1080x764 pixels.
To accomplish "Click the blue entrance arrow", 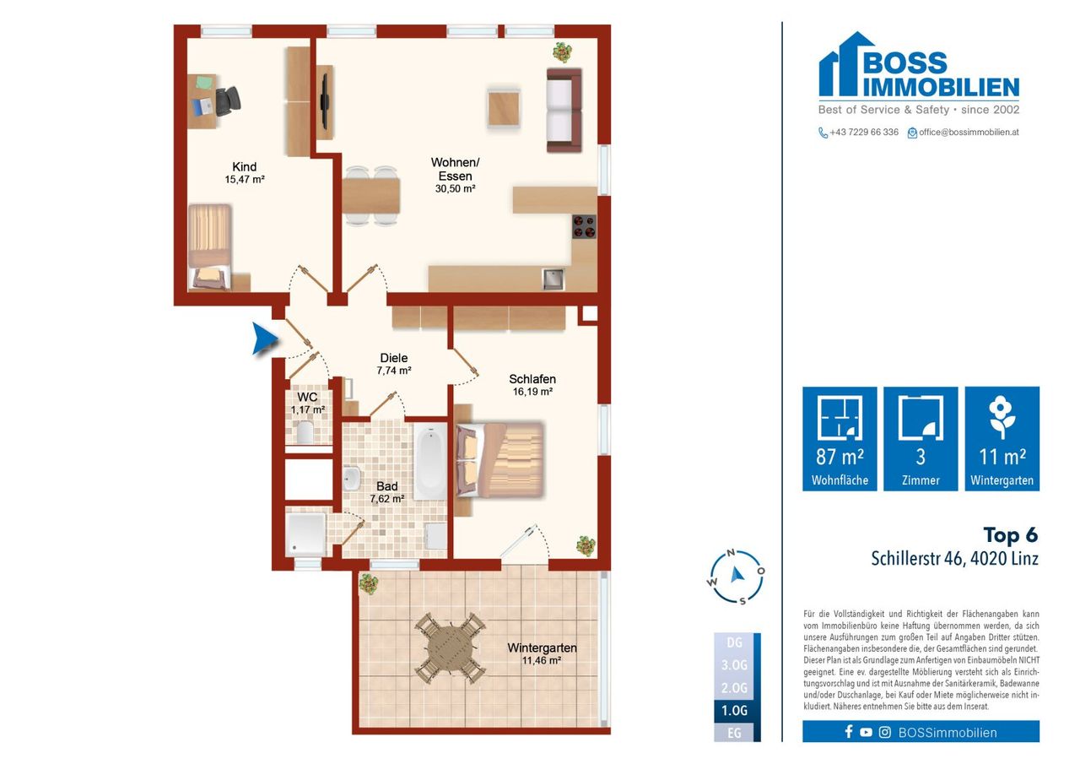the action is [x=264, y=339].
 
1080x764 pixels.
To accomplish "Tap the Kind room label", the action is [x=245, y=167].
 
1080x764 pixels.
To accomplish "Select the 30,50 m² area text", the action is [x=455, y=188].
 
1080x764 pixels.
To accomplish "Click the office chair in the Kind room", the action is [x=228, y=100].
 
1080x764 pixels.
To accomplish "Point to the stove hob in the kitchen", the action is [x=585, y=227].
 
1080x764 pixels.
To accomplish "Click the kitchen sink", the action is [x=553, y=279].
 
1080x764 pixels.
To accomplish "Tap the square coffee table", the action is [x=504, y=109].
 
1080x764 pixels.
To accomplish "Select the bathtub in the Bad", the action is [x=430, y=462].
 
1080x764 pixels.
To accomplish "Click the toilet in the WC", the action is [x=305, y=432].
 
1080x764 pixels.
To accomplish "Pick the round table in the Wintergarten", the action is [x=450, y=648].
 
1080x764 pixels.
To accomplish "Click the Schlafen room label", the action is [x=532, y=379].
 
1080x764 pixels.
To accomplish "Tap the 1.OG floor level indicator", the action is [x=734, y=711].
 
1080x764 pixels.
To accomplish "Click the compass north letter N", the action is [x=731, y=553].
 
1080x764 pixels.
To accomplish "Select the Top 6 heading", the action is [x=1011, y=535].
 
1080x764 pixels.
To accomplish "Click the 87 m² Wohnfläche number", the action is [x=840, y=457].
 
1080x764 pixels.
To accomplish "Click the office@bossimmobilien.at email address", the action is [x=969, y=133].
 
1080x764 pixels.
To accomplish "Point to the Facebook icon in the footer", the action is [x=848, y=732].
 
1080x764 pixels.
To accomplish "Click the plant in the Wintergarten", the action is [x=369, y=583].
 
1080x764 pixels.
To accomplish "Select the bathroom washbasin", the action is [x=352, y=479].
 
